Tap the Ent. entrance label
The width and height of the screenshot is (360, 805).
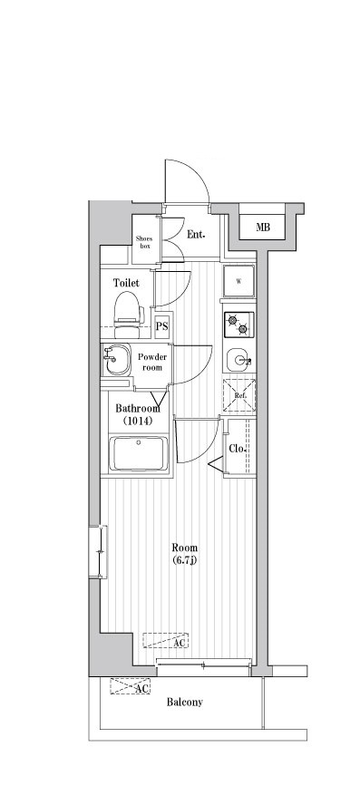click(x=196, y=235)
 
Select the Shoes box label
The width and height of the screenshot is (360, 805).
click(x=142, y=242)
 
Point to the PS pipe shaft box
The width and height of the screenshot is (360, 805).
click(x=161, y=326)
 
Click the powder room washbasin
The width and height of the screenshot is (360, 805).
click(x=117, y=361)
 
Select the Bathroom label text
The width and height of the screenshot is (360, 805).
click(x=137, y=409)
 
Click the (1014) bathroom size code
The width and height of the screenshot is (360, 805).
click(x=137, y=421)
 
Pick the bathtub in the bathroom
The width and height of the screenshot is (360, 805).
click(x=139, y=454)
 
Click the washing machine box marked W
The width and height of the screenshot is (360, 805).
click(x=238, y=281)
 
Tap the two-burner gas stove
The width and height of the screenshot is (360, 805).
click(x=238, y=325)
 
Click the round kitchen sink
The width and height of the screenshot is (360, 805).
click(x=238, y=359)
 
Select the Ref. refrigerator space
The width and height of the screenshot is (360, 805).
click(x=238, y=395)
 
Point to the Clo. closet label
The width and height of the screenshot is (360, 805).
click(x=237, y=449)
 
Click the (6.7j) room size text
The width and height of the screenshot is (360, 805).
click(x=184, y=560)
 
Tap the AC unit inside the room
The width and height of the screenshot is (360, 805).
click(x=165, y=640)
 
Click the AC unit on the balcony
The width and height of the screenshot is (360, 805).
click(x=130, y=687)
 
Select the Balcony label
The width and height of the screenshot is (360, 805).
click(x=184, y=703)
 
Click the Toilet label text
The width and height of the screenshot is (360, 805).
click(x=126, y=283)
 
